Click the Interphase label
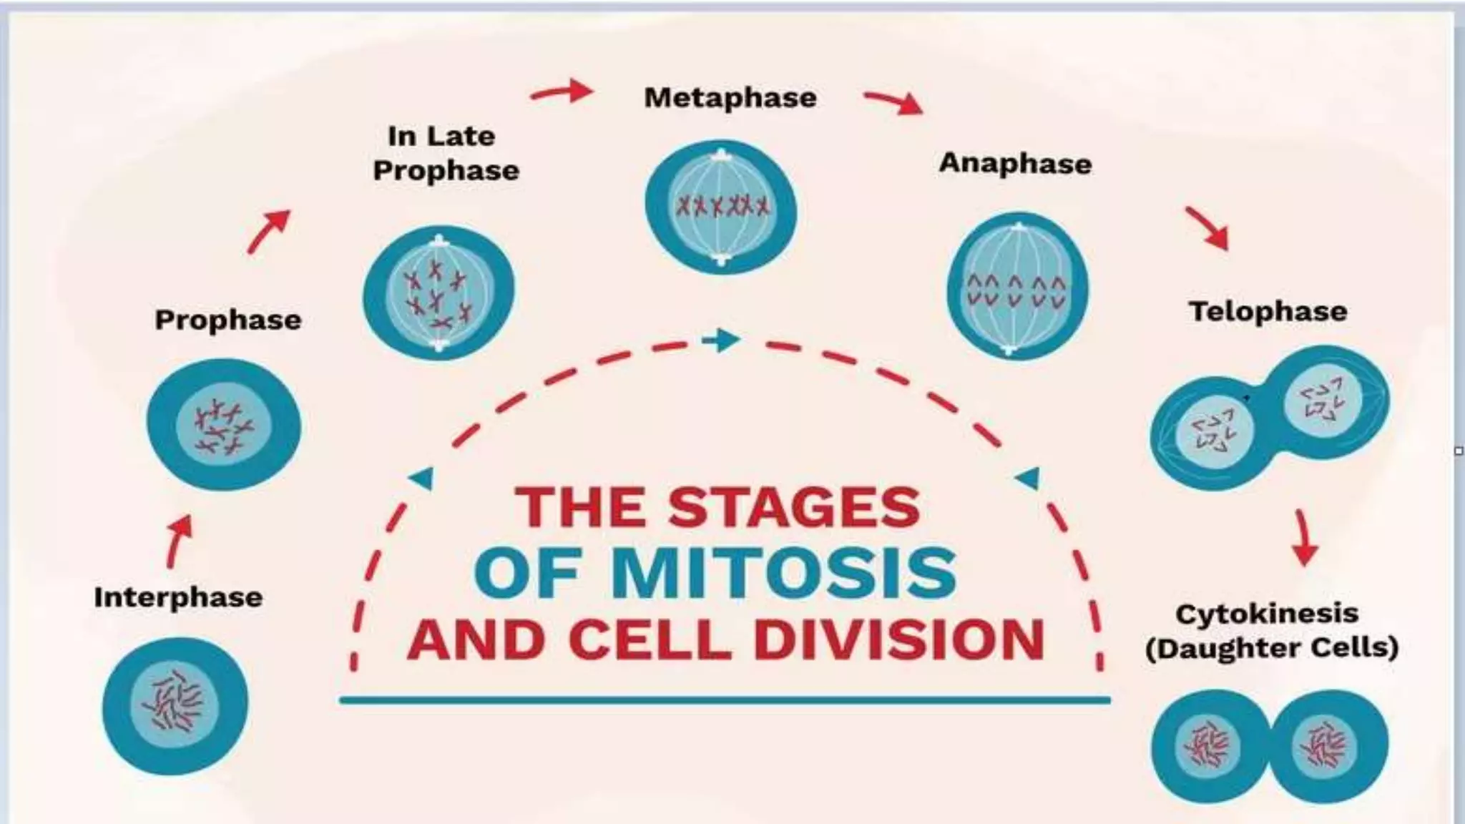click(x=178, y=597)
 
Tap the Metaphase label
click(x=730, y=98)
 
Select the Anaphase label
click(x=1015, y=164)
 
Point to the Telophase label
click(x=1268, y=312)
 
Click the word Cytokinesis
click(x=1267, y=614)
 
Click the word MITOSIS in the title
click(x=783, y=573)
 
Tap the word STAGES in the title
click(x=794, y=507)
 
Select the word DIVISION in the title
click(x=899, y=639)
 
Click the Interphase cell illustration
click(x=175, y=705)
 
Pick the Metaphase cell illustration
click(x=720, y=206)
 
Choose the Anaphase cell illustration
click(x=1017, y=286)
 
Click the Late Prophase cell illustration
click(x=438, y=293)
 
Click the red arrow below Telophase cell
click(x=1303, y=538)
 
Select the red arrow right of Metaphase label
click(x=894, y=102)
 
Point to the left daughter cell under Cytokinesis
click(x=1209, y=746)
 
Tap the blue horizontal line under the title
click(x=725, y=700)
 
